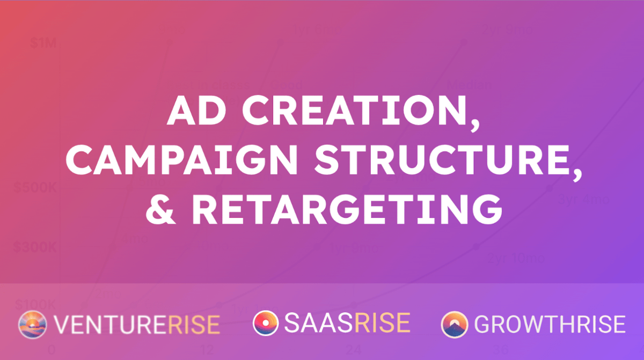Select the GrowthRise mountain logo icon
[x=455, y=325]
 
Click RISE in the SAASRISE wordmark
[x=381, y=324]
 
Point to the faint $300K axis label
[x=34, y=248]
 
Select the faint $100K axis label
[x=34, y=305]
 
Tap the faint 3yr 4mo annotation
[x=583, y=200]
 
